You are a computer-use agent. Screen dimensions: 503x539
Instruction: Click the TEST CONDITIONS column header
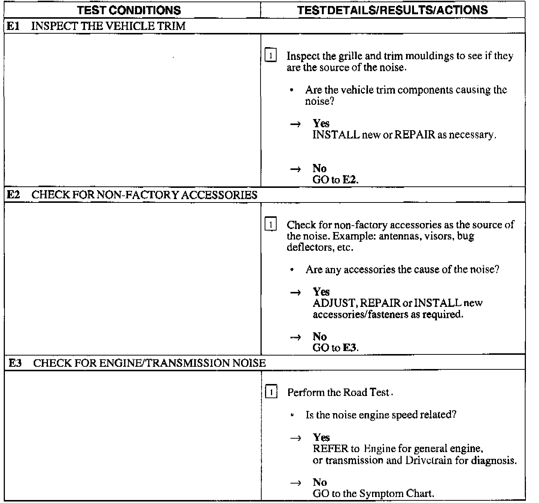(129, 10)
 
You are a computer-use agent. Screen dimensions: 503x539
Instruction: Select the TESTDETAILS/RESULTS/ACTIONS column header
(393, 10)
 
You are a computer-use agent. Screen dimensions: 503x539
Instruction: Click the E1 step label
(14, 26)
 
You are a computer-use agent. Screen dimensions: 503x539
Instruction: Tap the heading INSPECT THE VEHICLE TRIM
(109, 26)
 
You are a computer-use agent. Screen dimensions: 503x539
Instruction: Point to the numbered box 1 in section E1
(271, 56)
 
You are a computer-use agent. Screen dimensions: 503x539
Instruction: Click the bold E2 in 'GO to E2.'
(350, 180)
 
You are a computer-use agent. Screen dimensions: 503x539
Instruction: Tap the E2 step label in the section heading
(14, 195)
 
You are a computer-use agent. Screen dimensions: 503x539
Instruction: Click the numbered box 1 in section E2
(271, 225)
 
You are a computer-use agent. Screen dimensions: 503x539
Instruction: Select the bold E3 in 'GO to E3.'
(350, 348)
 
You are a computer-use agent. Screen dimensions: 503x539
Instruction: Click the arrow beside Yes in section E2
(296, 293)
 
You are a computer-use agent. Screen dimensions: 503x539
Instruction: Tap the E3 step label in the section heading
(15, 363)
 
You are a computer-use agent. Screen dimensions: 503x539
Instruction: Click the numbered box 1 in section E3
(271, 393)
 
